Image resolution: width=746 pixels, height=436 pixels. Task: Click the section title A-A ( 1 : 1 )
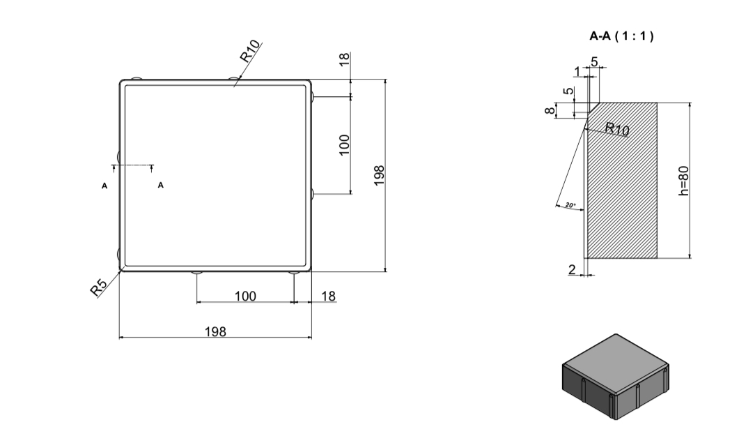(x=621, y=36)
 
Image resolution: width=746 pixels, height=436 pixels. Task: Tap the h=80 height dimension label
(x=683, y=181)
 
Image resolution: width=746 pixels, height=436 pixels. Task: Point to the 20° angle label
(x=570, y=205)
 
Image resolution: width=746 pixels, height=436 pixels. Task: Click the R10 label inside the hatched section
(x=617, y=128)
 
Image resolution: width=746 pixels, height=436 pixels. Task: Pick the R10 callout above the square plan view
(x=250, y=52)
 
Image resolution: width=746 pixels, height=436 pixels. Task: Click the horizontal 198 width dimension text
(x=215, y=331)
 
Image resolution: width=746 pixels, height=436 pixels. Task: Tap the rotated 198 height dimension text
(x=379, y=175)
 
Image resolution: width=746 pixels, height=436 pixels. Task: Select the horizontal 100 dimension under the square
(x=245, y=296)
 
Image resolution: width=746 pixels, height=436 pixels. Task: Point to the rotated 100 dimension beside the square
(x=344, y=145)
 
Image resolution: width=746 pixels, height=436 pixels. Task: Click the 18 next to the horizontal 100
(x=328, y=296)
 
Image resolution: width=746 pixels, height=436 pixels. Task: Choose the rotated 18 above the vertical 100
(x=345, y=59)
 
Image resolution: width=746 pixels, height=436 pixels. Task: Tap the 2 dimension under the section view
(x=572, y=269)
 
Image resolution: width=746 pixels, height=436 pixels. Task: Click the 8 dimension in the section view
(x=550, y=110)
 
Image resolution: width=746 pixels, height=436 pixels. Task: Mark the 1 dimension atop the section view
(x=577, y=71)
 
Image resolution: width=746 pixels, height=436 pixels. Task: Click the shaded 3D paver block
(x=616, y=377)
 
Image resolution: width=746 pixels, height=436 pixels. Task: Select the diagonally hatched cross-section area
(x=622, y=180)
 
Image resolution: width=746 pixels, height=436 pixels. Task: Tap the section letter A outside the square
(x=104, y=186)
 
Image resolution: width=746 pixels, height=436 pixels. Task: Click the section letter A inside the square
(x=161, y=185)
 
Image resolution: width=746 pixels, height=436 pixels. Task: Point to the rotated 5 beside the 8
(x=568, y=91)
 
